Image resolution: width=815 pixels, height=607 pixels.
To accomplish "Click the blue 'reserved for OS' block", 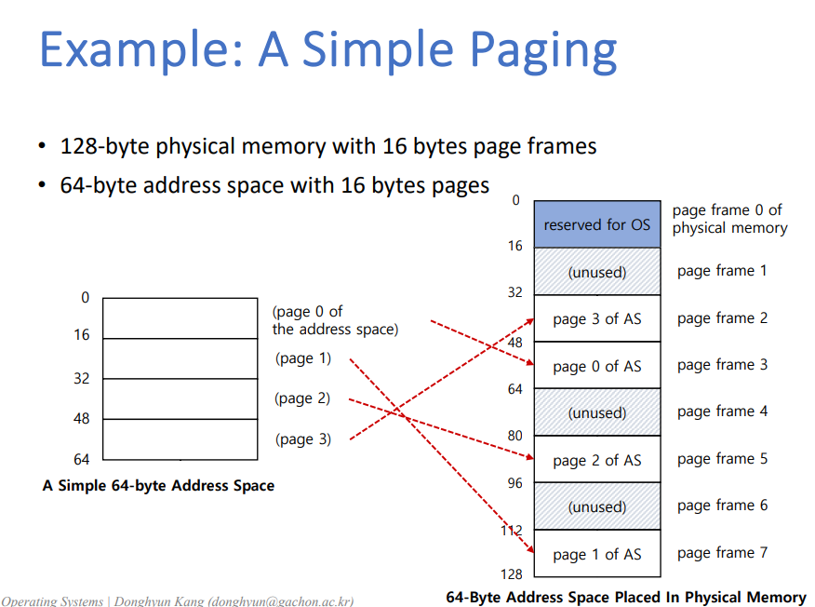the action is [x=596, y=224].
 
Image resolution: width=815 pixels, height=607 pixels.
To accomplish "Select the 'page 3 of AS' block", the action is [x=596, y=318].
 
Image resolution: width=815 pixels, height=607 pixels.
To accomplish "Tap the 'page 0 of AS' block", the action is [x=596, y=366].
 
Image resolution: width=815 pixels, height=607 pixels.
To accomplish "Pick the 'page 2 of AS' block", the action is [x=596, y=460].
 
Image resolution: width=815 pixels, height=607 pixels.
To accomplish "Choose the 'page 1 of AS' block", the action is [x=596, y=554].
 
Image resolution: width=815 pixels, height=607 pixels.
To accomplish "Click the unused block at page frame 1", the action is [x=596, y=272].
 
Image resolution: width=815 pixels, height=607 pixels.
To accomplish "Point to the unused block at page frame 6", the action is [x=596, y=506].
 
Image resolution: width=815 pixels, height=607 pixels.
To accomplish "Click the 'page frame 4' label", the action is [x=722, y=411].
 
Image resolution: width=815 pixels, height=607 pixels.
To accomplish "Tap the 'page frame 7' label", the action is [x=722, y=553].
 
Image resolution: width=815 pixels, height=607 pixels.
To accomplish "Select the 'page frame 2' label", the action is [x=722, y=318].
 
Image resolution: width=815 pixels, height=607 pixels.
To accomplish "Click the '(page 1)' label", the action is [x=302, y=358].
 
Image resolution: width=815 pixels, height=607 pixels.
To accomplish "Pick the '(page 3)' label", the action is [x=302, y=439].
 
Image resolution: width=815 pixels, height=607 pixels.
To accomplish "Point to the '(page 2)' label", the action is [x=302, y=398].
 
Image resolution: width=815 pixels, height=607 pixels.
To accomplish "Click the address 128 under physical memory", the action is [x=513, y=574].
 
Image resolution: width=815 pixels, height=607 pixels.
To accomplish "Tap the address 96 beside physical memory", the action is [x=514, y=483].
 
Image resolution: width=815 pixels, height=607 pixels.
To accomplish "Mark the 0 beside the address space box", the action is [x=86, y=298].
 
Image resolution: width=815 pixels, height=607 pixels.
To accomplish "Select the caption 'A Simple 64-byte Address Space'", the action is [x=158, y=486].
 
